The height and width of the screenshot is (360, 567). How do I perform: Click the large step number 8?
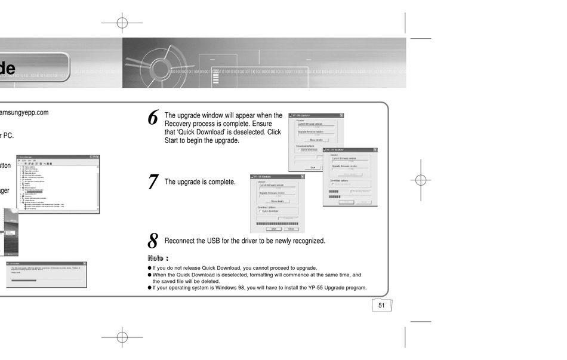(153, 241)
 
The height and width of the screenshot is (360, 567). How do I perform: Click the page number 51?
(380, 305)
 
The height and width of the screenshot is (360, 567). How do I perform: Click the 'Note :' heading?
(158, 258)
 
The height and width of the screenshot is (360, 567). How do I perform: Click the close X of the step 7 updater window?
(301, 177)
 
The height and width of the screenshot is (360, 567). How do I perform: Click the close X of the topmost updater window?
(342, 115)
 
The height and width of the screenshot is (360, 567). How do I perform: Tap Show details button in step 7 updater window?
(277, 201)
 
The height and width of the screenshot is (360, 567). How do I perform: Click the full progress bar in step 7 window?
(277, 223)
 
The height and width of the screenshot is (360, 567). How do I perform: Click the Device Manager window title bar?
(58, 156)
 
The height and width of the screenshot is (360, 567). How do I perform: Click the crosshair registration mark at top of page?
(122, 23)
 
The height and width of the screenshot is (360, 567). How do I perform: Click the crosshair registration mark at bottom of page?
(122, 337)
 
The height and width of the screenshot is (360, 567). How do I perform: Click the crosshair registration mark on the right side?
(421, 180)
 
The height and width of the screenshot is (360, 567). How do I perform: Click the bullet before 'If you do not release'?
(150, 268)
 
